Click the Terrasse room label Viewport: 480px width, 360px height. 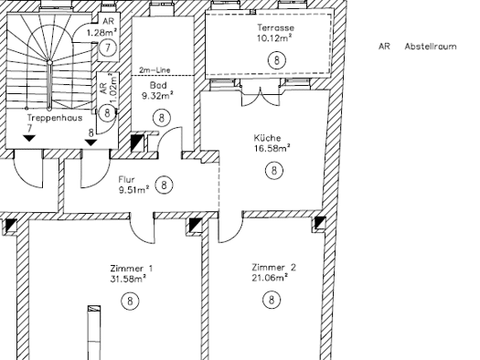click(x=276, y=27)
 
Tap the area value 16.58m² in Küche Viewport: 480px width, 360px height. click(x=272, y=148)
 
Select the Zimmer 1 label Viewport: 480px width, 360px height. click(x=132, y=269)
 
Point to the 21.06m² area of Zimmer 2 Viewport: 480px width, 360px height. click(x=270, y=278)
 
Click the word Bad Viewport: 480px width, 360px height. click(x=158, y=85)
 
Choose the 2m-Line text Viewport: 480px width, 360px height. click(x=155, y=70)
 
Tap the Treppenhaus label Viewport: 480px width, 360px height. click(x=55, y=118)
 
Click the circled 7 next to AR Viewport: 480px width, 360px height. click(x=108, y=48)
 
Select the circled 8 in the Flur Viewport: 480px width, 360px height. click(x=164, y=185)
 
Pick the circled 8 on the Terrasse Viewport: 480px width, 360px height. click(x=277, y=60)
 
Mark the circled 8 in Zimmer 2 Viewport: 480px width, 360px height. click(x=272, y=300)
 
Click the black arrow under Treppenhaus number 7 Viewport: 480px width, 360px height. click(x=29, y=138)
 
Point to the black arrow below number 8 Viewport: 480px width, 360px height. click(x=91, y=143)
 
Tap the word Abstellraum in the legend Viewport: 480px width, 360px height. click(x=431, y=47)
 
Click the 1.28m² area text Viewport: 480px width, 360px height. click(x=101, y=32)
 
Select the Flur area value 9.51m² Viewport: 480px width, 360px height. click(x=134, y=190)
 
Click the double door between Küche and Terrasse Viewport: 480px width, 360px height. click(x=261, y=95)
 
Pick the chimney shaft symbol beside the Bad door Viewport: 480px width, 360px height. click(x=137, y=143)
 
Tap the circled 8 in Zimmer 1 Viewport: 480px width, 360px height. click(x=130, y=301)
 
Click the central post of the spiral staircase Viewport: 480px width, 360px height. click(x=49, y=85)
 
